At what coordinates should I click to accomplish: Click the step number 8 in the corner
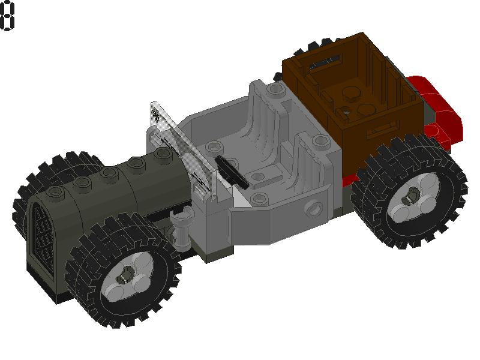(7, 16)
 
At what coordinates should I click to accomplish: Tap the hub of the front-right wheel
(128, 277)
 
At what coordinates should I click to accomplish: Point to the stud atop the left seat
(275, 89)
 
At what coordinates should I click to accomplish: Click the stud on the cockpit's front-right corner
(258, 199)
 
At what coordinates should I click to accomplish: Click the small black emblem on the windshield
(157, 116)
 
